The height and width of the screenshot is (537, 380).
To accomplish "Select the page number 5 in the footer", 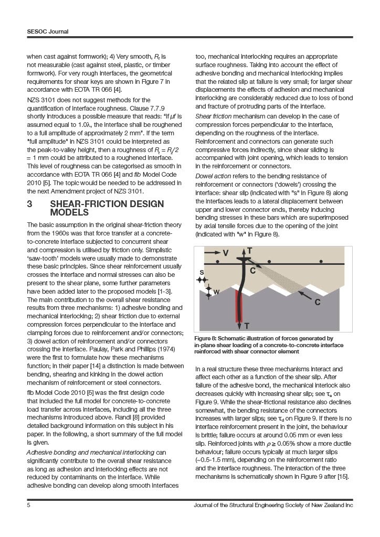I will (x=29, y=505).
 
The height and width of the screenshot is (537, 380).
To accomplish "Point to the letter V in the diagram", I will (x=226, y=253).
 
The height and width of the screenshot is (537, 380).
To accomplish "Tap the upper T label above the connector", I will (x=249, y=251).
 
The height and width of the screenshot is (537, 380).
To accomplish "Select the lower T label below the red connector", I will (x=247, y=326).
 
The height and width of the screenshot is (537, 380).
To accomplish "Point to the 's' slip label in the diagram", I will (x=202, y=272).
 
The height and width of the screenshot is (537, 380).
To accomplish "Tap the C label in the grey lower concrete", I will (x=318, y=302).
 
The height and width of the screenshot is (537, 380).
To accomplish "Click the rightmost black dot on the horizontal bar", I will (x=321, y=261).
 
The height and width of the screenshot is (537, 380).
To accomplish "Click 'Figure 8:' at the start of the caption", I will (x=207, y=338).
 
